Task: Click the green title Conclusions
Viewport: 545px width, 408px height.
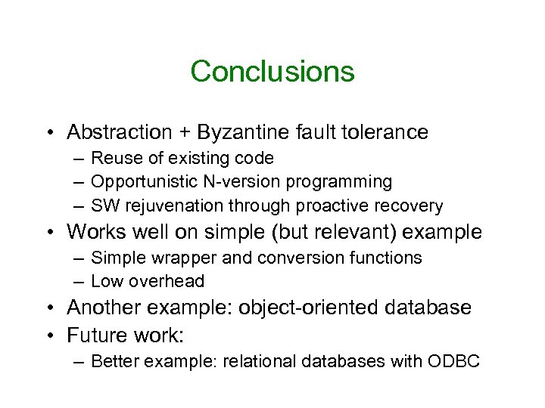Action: pyautogui.click(x=272, y=72)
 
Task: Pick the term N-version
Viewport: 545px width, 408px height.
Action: pyautogui.click(x=232, y=182)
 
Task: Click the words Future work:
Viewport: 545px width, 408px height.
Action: pyautogui.click(x=126, y=334)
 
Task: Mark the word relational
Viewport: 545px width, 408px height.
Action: pyautogui.click(x=269, y=361)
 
